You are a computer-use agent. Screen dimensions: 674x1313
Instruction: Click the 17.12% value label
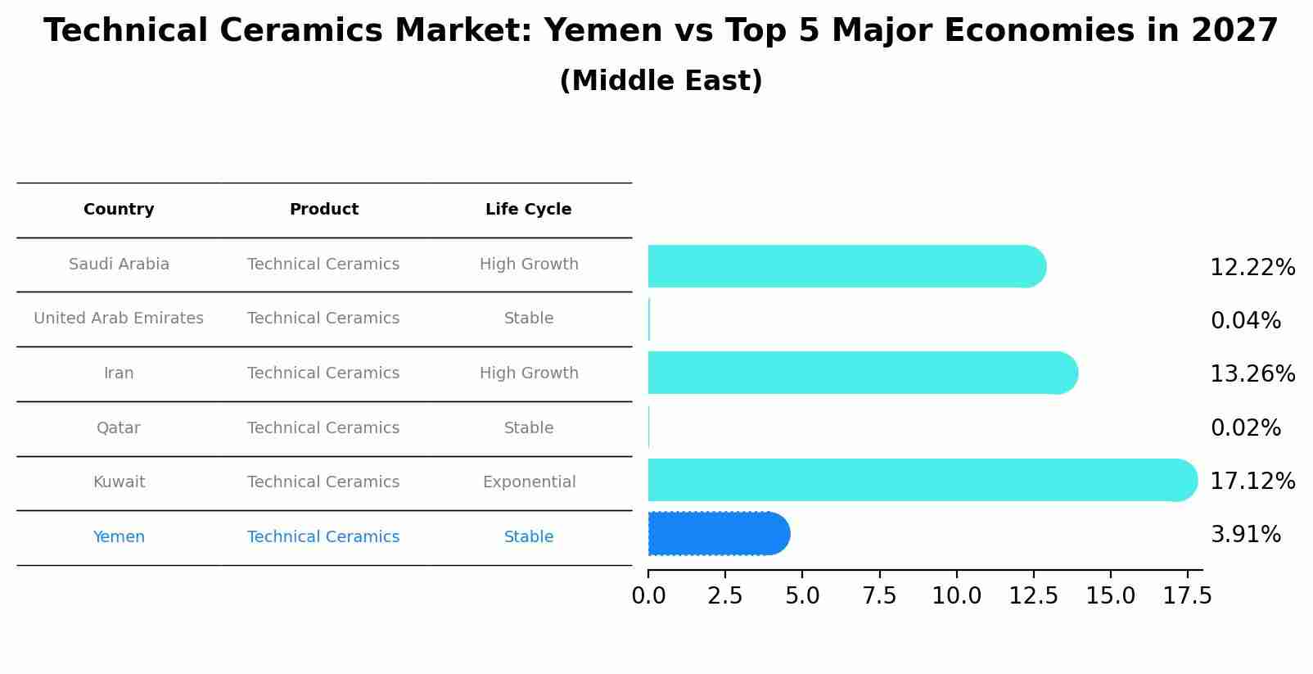[1252, 481]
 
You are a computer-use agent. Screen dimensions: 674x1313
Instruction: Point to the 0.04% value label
[1245, 320]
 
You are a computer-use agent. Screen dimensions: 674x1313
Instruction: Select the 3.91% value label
[1245, 535]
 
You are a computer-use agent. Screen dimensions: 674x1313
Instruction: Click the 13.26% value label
[1252, 373]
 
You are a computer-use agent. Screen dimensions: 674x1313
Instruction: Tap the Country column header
[119, 210]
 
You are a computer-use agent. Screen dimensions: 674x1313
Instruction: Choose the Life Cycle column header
[528, 210]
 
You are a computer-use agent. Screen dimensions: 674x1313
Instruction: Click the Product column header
[323, 210]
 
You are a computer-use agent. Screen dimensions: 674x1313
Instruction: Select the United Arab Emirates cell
[119, 319]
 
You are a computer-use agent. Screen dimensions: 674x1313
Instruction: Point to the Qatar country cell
[119, 428]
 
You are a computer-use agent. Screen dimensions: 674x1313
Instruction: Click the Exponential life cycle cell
[529, 482]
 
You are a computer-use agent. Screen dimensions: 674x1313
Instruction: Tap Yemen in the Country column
[119, 537]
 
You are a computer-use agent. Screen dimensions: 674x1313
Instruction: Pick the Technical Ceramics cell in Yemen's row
[323, 537]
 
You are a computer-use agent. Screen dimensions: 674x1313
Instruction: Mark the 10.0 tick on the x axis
[956, 595]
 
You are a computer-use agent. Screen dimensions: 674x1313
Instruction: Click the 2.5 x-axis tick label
[725, 595]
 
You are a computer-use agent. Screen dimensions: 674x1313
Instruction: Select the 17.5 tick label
[1187, 595]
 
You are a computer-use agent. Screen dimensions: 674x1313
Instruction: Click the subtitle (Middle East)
[661, 81]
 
